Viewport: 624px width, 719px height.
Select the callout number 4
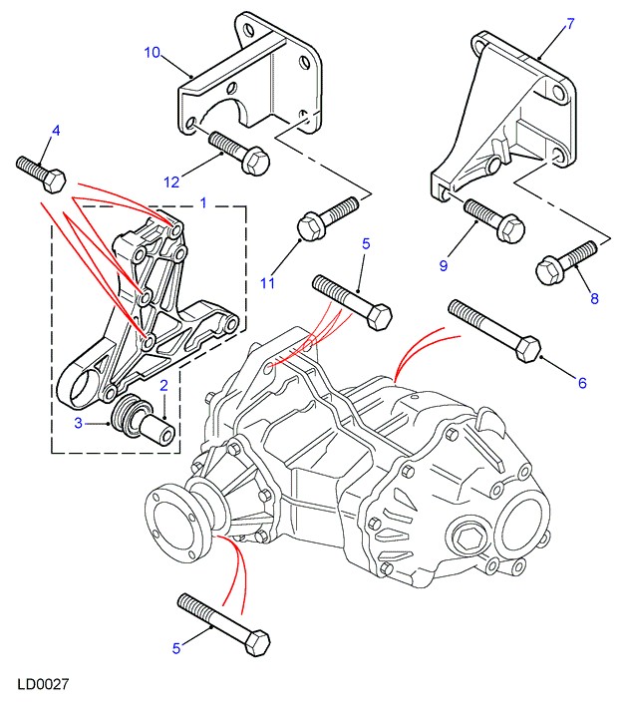tap(55, 131)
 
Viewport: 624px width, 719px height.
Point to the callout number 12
tap(171, 180)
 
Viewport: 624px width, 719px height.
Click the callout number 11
tap(267, 284)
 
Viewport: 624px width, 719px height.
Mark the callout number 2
tap(163, 385)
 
